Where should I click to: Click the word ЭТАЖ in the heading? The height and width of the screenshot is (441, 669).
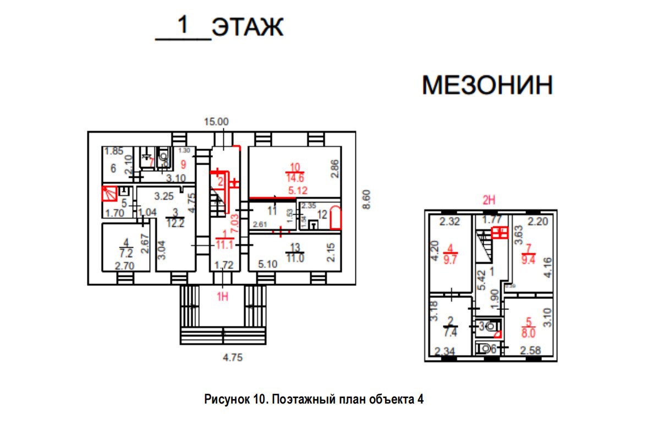click(x=247, y=27)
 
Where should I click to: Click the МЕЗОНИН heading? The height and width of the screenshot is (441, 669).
click(x=487, y=86)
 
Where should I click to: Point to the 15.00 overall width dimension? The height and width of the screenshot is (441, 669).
click(x=217, y=122)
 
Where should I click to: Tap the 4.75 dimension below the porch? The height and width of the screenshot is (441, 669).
click(x=231, y=357)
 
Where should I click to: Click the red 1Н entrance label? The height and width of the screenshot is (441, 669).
click(x=222, y=297)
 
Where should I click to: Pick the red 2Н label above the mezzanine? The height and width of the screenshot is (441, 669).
click(x=489, y=202)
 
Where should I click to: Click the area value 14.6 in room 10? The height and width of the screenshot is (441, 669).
click(x=295, y=178)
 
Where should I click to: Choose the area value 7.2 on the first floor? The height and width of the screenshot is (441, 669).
click(x=126, y=254)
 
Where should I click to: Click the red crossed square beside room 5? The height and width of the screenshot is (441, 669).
click(x=108, y=194)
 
